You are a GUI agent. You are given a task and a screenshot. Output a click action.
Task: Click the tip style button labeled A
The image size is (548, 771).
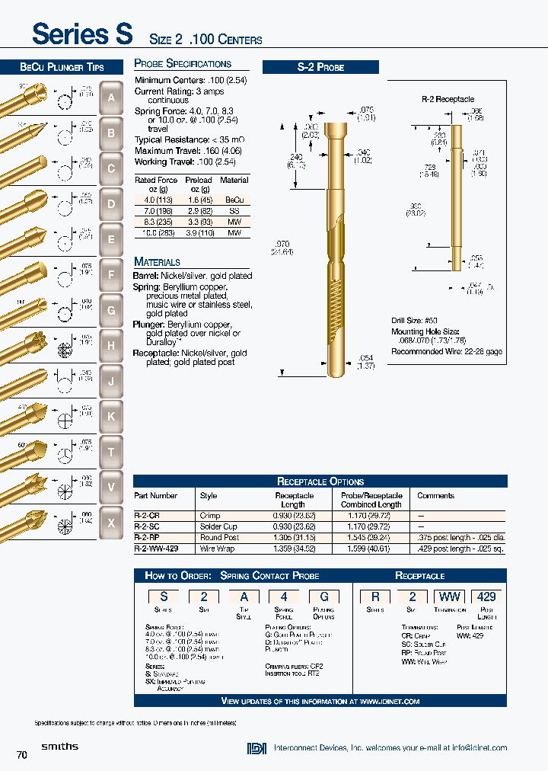111,98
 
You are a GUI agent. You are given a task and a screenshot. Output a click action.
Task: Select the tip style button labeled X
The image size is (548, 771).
111,523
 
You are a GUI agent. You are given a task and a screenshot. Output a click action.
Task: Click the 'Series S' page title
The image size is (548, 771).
82,34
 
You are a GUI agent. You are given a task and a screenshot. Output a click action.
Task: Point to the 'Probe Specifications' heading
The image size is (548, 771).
183,64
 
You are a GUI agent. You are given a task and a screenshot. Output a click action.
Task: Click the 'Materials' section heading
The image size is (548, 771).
158,261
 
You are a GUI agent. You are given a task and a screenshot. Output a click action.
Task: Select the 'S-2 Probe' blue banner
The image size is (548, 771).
320,67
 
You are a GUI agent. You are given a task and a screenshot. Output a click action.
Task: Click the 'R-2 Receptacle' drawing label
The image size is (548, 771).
448,99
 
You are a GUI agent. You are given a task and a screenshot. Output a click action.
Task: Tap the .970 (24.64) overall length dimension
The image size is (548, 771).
282,248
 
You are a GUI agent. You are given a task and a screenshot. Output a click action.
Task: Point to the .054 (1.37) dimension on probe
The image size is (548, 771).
367,363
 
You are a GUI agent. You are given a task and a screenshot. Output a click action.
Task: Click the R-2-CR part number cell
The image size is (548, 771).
146,516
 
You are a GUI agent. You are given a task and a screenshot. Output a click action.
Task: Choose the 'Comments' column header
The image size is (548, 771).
435,496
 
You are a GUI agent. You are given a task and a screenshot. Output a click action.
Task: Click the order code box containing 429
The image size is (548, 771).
487,598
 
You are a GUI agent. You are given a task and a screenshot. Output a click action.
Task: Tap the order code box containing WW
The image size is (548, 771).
449,598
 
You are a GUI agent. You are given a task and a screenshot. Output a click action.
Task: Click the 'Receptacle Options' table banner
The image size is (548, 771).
320,481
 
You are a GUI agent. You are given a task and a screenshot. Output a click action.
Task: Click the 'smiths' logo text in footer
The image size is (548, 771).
59,747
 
